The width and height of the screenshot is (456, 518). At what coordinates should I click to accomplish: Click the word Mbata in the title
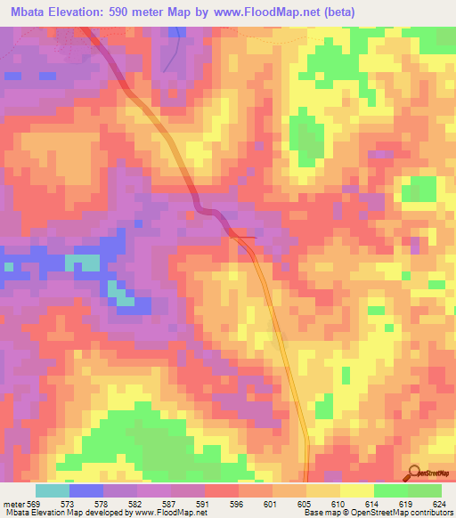(x=28, y=12)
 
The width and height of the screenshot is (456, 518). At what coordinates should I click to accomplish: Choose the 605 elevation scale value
(x=305, y=503)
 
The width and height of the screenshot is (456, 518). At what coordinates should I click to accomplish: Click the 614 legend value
(x=372, y=503)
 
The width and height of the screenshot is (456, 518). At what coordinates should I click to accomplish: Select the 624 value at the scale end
(x=439, y=503)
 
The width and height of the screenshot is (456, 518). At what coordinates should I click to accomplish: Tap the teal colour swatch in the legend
(x=52, y=490)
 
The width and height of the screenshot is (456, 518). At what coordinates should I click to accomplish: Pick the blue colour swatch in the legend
(x=85, y=490)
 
